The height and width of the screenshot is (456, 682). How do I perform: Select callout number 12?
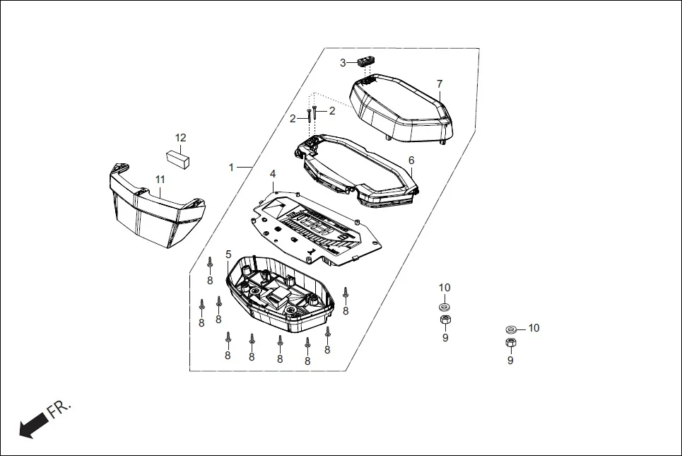click(181, 137)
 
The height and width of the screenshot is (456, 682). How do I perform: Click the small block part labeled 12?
click(179, 158)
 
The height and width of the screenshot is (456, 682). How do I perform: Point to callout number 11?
click(160, 180)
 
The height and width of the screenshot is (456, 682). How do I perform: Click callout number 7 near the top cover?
click(439, 84)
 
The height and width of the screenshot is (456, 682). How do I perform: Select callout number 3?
click(343, 63)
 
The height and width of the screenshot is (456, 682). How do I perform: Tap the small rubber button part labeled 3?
click(365, 62)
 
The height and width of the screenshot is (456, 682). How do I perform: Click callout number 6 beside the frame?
click(411, 160)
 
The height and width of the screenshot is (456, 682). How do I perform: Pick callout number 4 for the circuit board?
click(273, 174)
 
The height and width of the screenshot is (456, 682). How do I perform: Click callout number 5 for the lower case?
click(228, 254)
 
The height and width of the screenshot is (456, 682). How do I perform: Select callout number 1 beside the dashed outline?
click(231, 167)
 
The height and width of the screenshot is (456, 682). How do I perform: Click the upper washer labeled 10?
click(445, 307)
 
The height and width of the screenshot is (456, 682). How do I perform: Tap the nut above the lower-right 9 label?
click(510, 343)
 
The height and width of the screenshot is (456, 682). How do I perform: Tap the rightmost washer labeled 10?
click(511, 329)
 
